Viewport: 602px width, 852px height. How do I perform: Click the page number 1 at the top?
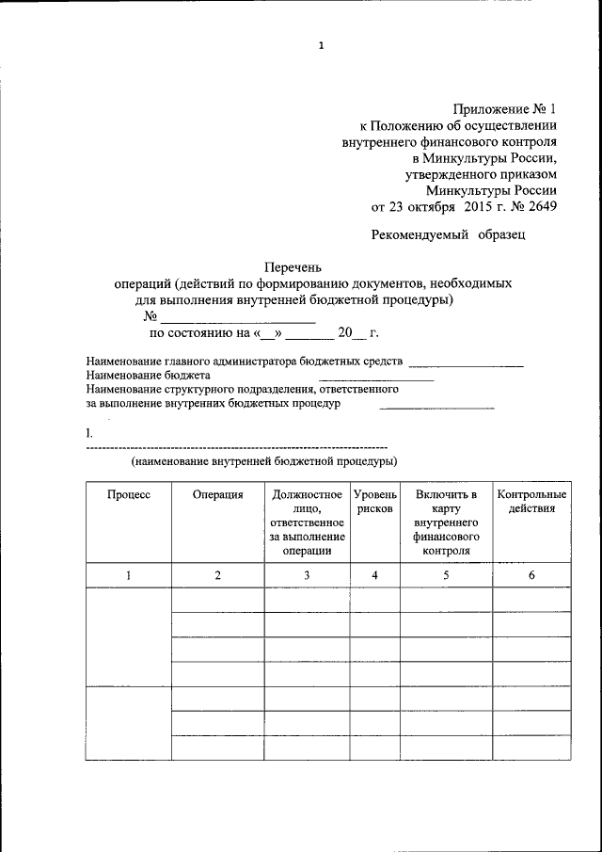point(321,45)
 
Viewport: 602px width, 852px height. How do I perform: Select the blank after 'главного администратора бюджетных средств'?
point(467,362)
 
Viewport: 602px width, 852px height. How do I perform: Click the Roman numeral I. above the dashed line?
point(89,432)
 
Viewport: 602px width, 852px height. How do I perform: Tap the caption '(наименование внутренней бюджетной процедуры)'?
point(264,461)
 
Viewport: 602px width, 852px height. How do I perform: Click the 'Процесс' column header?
point(128,494)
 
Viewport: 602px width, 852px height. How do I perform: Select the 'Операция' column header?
point(217,494)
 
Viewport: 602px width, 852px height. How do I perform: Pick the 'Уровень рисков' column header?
point(374,501)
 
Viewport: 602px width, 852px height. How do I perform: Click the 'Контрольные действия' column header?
point(531,501)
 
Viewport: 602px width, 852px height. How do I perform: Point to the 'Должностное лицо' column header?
point(307,501)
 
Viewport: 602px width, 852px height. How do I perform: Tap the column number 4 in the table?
point(374,575)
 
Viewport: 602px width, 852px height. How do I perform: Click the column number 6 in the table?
point(531,575)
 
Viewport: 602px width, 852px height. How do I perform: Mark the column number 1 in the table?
point(128,575)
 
